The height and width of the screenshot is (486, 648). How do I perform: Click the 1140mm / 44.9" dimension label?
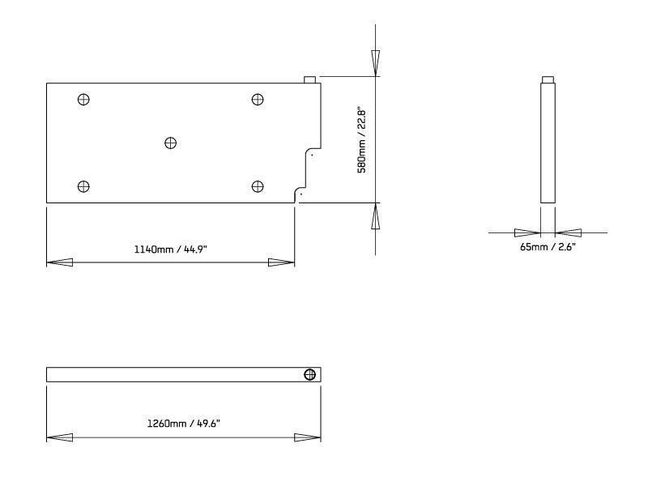(x=171, y=249)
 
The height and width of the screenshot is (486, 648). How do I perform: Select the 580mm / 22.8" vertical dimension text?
(x=363, y=140)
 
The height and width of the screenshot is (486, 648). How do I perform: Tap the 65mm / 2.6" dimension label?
(x=548, y=246)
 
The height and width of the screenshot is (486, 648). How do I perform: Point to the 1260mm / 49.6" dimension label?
(x=183, y=423)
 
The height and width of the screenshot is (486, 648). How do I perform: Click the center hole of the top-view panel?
(x=170, y=143)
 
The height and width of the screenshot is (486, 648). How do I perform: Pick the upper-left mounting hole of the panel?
(x=83, y=100)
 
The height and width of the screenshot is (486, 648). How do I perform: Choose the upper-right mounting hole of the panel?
(x=258, y=100)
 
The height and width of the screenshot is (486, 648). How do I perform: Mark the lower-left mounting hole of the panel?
(x=83, y=187)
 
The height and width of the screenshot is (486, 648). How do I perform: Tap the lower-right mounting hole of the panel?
(x=258, y=187)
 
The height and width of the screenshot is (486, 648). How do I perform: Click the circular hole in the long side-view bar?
(x=309, y=374)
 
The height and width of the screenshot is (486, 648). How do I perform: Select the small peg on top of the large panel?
(x=310, y=79)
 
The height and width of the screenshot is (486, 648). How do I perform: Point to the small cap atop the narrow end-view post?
(x=548, y=79)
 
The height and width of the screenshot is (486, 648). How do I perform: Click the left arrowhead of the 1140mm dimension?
(x=60, y=262)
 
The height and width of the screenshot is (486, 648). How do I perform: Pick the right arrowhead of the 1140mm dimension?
(x=281, y=262)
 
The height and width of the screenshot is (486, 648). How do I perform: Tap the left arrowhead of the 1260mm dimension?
(x=60, y=437)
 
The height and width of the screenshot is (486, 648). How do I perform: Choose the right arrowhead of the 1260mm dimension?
(x=308, y=437)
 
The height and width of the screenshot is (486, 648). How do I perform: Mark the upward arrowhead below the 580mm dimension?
(x=375, y=216)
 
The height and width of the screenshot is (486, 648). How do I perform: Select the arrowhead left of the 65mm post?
(x=528, y=232)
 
